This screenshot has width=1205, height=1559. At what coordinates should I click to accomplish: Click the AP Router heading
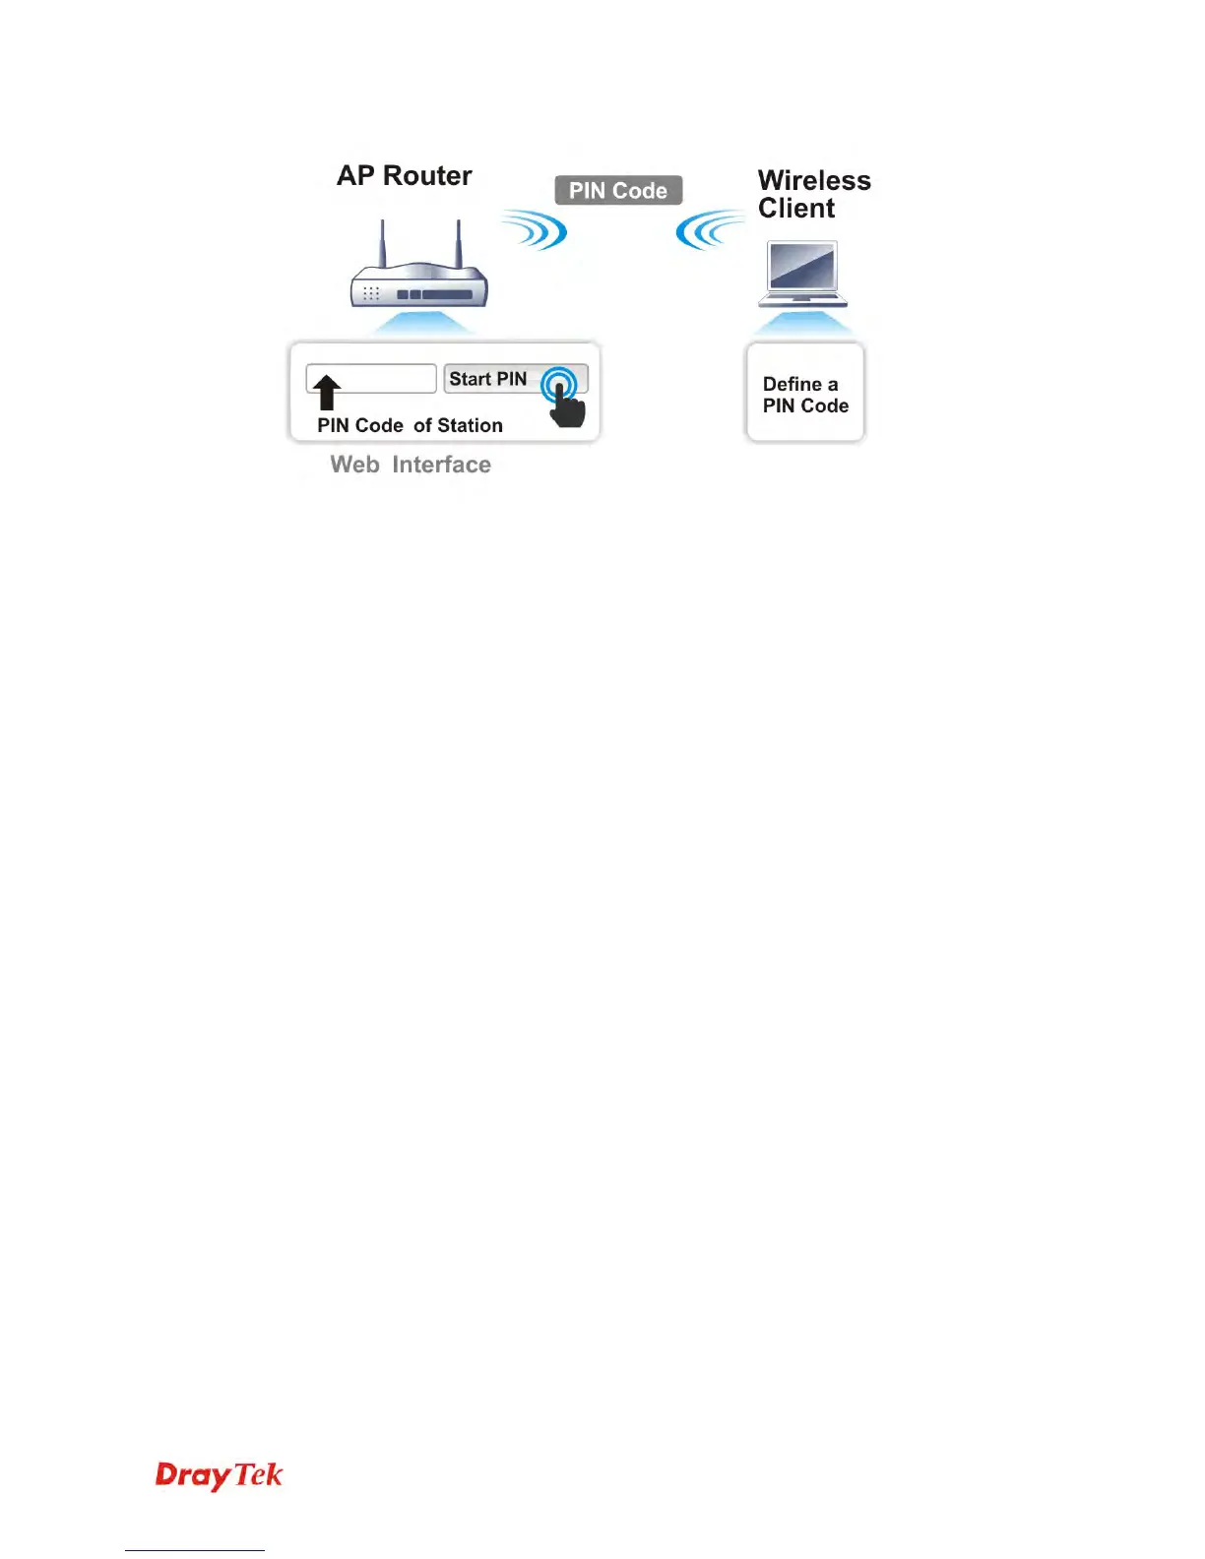[404, 176]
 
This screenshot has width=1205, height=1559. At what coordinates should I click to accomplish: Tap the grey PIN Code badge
[618, 190]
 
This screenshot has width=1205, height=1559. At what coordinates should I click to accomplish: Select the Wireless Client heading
[813, 194]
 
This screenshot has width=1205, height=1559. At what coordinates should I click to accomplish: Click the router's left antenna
[383, 243]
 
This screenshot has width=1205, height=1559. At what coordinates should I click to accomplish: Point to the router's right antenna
[458, 243]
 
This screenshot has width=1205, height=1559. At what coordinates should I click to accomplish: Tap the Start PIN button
[489, 379]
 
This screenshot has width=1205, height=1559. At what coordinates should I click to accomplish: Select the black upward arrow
[327, 392]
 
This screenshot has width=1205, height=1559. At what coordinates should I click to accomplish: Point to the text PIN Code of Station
[410, 425]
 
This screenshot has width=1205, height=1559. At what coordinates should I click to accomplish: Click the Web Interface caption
[411, 465]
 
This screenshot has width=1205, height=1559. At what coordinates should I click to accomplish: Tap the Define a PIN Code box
[805, 394]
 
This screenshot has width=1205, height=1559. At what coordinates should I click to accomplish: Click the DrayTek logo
[219, 1474]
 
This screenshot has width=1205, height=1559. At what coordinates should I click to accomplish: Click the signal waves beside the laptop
[706, 230]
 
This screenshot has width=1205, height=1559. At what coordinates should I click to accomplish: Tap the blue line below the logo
[195, 1550]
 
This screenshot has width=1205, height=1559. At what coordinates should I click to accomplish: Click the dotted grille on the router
[371, 293]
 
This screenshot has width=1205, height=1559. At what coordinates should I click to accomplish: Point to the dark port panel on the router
[434, 294]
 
